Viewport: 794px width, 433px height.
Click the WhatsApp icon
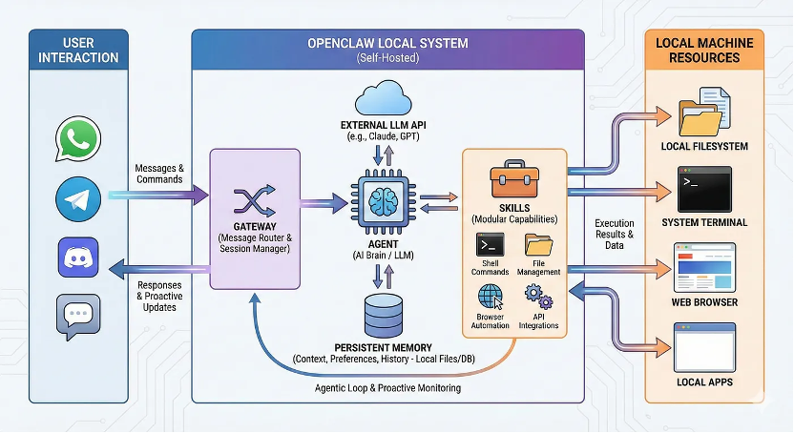pyautogui.click(x=78, y=140)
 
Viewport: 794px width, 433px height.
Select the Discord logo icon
pyautogui.click(x=78, y=258)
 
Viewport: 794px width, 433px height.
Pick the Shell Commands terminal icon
pyautogui.click(x=490, y=246)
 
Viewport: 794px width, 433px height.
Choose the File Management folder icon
pyautogui.click(x=540, y=246)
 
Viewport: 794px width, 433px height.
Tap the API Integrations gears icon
pyautogui.click(x=539, y=296)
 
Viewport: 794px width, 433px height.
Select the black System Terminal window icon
pyautogui.click(x=703, y=188)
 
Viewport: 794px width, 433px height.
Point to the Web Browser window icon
pyautogui.click(x=703, y=268)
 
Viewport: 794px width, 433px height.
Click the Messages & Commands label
pyautogui.click(x=159, y=173)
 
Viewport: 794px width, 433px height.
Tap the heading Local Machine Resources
pyautogui.click(x=704, y=50)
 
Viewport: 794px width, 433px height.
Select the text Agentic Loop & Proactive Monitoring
pyautogui.click(x=387, y=388)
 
